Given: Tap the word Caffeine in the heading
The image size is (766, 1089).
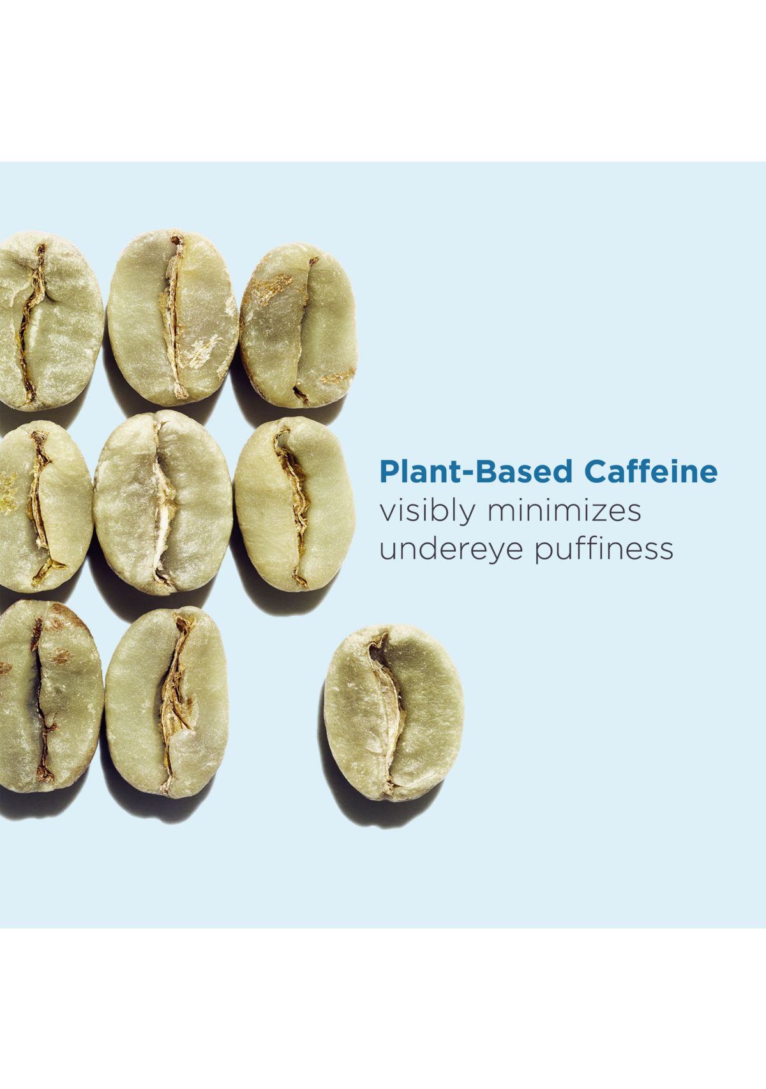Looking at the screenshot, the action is (651, 471).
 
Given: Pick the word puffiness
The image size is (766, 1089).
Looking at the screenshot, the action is (604, 549).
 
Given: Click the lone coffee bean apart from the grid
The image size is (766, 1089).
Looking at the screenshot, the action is (394, 712).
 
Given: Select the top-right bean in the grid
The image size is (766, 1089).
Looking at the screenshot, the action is (298, 325).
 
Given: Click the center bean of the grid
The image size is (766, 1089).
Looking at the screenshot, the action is (163, 502).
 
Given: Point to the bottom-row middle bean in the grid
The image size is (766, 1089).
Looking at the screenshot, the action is (167, 701).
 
